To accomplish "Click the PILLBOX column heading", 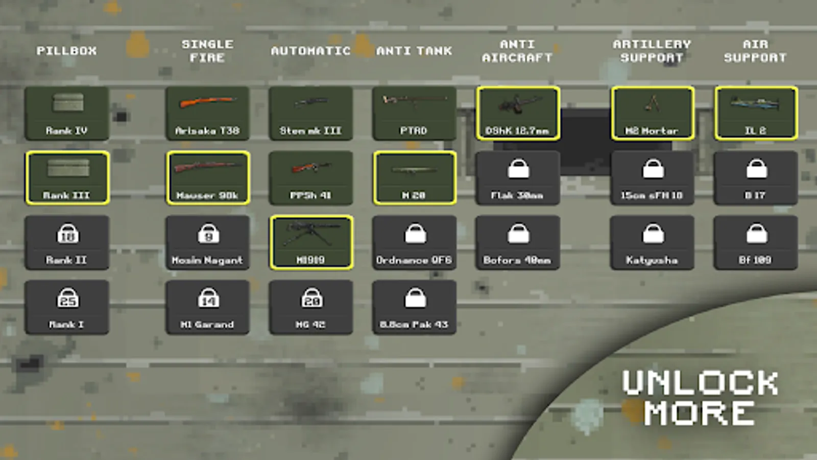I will coord(66,51).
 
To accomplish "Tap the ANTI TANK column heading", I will coord(414,51).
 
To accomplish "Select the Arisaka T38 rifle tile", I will coord(207,113).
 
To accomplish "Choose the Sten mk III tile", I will coord(310,113).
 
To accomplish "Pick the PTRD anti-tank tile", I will coord(414,113).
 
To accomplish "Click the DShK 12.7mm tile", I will coord(518,113).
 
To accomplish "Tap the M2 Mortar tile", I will coord(652,113).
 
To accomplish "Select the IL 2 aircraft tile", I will coord(756,113).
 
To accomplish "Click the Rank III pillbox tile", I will coord(67,178).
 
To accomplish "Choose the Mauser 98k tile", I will coord(207,178).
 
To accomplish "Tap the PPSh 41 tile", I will coord(310,178).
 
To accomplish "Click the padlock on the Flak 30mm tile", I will coord(518,169).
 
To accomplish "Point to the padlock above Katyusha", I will coord(653,234).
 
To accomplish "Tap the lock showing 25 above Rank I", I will coord(67,298).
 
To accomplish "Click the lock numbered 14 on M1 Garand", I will coord(208,298).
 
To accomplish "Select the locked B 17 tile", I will coord(756,178).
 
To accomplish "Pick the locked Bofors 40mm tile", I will coord(518,243).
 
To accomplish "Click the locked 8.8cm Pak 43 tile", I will coord(414,307).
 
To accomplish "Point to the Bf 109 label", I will coord(755,260).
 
